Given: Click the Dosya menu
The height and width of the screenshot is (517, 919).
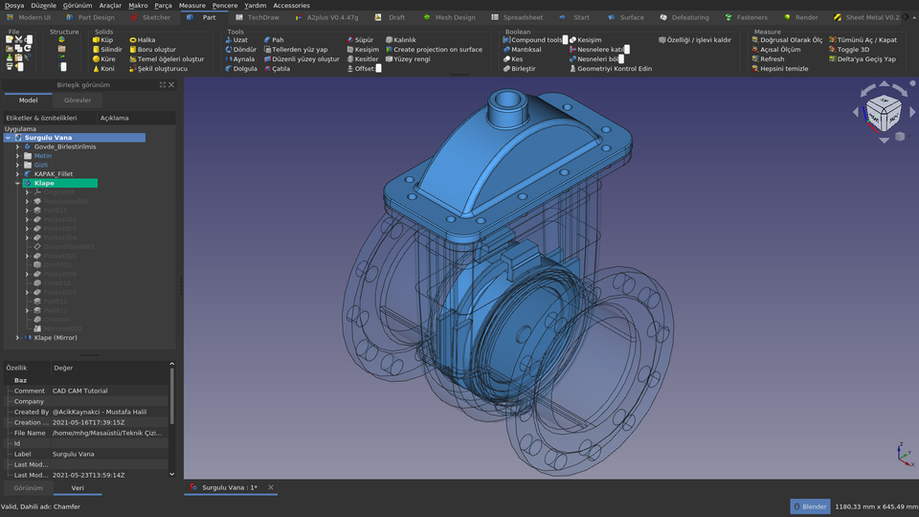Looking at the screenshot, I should coord(14,5).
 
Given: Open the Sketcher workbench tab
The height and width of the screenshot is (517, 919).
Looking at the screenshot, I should coord(155,17).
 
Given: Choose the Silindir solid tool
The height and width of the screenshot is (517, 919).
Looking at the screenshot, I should coord(110,50).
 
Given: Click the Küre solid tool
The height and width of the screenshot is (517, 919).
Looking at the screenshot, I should coord(106,59).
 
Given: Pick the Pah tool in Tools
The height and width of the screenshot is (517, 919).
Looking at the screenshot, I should coord(277,40).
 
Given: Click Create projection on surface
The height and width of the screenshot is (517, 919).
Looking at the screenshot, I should coord(437,50).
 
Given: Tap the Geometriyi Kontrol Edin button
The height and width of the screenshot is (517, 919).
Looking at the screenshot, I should coord(613,69).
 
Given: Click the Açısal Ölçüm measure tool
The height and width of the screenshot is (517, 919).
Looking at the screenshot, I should coord(779,50).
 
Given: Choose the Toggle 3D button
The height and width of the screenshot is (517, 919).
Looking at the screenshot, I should coord(852,50).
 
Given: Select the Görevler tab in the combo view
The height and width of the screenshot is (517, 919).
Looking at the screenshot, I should coord(78,100).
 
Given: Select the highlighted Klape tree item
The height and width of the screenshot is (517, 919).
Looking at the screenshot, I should coord(44,183).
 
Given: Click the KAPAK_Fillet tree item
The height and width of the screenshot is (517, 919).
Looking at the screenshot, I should coord(53,174).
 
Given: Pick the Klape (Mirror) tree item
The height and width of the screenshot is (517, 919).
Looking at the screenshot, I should coord(56,338).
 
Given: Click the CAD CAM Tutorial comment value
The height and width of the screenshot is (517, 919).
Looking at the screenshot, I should coord(80,391).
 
